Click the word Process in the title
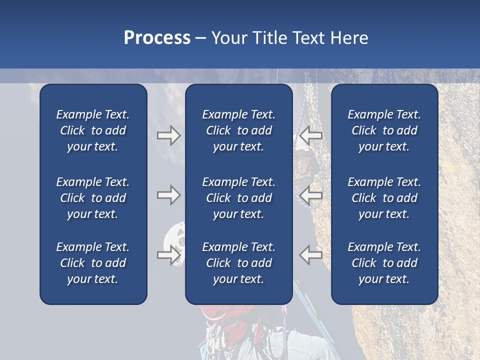pyautogui.click(x=157, y=38)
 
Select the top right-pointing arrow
pyautogui.click(x=168, y=135)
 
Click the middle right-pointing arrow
pyautogui.click(x=168, y=195)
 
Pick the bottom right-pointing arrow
pyautogui.click(x=168, y=255)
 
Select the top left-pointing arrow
pyautogui.click(x=310, y=135)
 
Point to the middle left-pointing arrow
pyautogui.click(x=310, y=194)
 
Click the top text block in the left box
pyautogui.click(x=93, y=130)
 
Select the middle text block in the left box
pyautogui.click(x=93, y=198)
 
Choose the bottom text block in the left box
pyautogui.click(x=93, y=263)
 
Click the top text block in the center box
pyautogui.click(x=238, y=130)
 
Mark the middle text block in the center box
pyautogui.click(x=238, y=198)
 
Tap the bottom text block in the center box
pyautogui.click(x=238, y=263)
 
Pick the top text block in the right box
pyautogui.click(x=384, y=130)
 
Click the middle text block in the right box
pyautogui.click(x=384, y=198)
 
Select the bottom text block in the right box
pyautogui.click(x=384, y=263)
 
